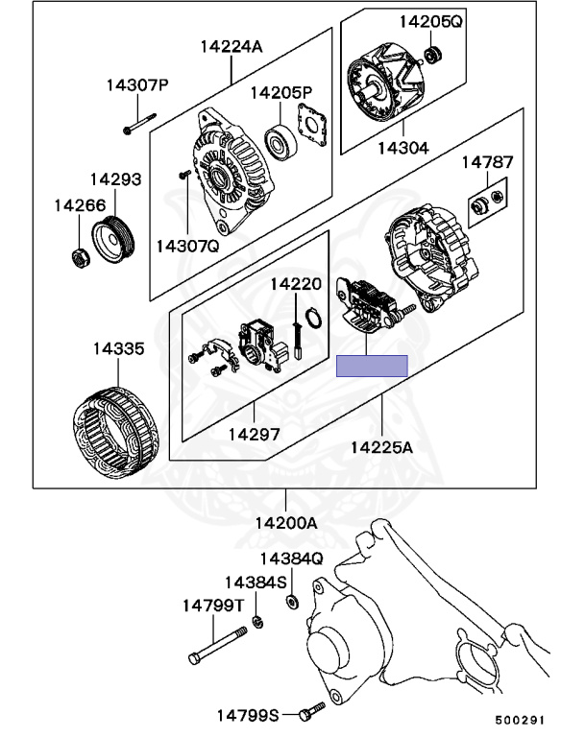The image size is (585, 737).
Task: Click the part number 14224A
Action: [x=231, y=45]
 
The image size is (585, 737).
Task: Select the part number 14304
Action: [x=402, y=149]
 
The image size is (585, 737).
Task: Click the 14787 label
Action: [x=487, y=163]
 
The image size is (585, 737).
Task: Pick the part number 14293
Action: [x=115, y=179]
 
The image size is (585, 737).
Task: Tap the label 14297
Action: [x=254, y=434]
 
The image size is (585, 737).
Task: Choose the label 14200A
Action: [x=285, y=523]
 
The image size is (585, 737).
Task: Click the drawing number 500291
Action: [x=520, y=720]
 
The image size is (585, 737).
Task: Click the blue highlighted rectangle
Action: [x=372, y=365]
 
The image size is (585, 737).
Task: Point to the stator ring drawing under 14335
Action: [x=115, y=427]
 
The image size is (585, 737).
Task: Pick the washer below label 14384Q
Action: [x=290, y=602]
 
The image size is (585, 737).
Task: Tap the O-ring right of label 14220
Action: [x=312, y=316]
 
